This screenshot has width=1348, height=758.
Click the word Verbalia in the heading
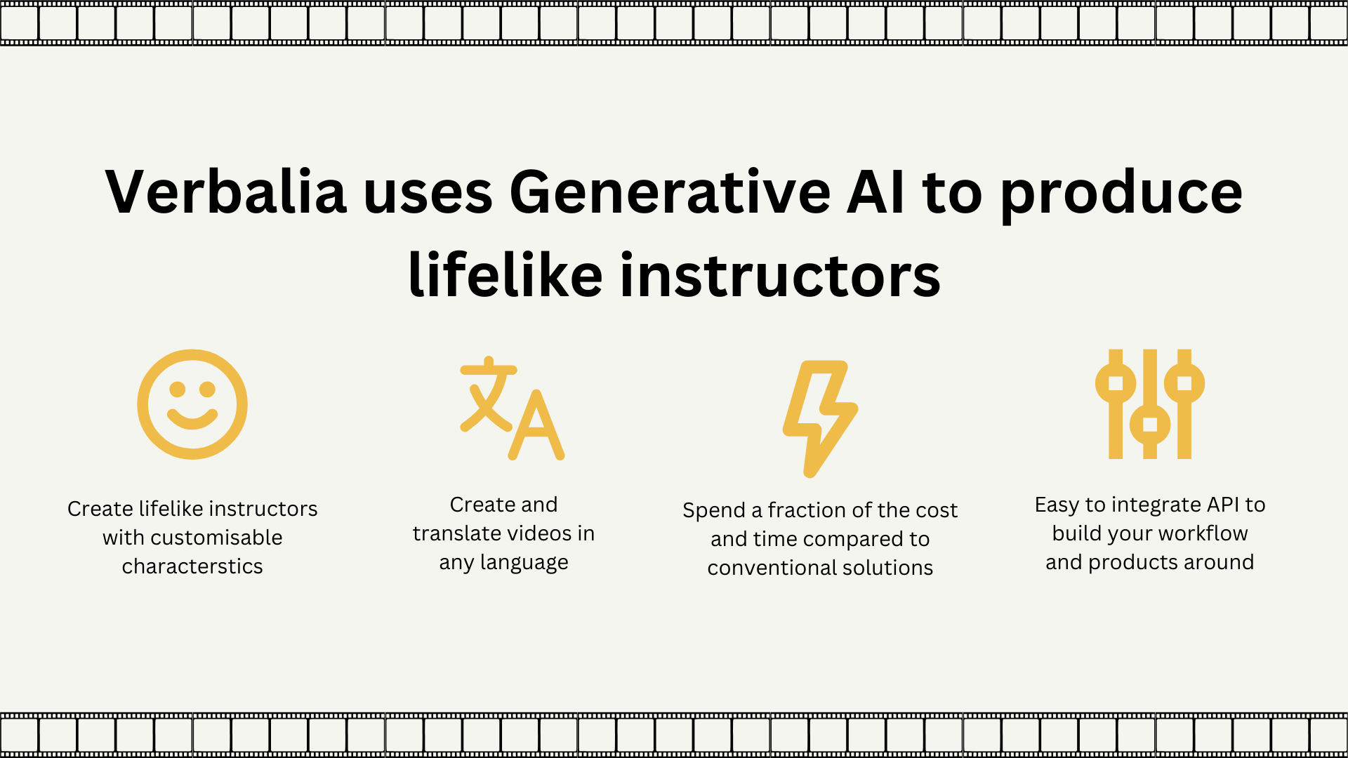(226, 192)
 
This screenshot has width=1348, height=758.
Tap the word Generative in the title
(670, 192)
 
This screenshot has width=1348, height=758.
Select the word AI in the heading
(876, 192)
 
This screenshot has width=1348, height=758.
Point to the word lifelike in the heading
(505, 274)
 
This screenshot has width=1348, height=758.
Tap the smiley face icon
(192, 404)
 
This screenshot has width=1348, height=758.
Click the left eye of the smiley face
(178, 389)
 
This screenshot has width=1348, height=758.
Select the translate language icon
(513, 408)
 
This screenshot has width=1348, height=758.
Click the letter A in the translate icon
(536, 425)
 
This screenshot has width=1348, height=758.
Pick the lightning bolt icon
(820, 419)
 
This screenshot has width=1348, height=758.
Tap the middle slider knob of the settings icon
(1150, 425)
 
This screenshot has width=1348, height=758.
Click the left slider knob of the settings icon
(1116, 383)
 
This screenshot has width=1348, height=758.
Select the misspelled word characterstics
(192, 566)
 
